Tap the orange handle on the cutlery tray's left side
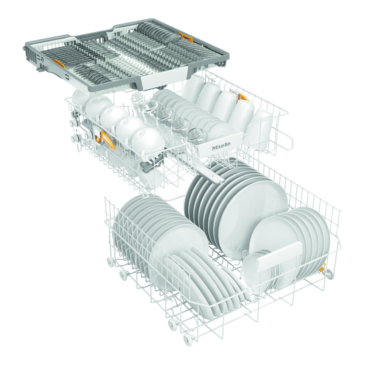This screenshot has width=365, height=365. click(58, 63)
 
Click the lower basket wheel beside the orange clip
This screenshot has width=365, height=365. click(329, 273)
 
